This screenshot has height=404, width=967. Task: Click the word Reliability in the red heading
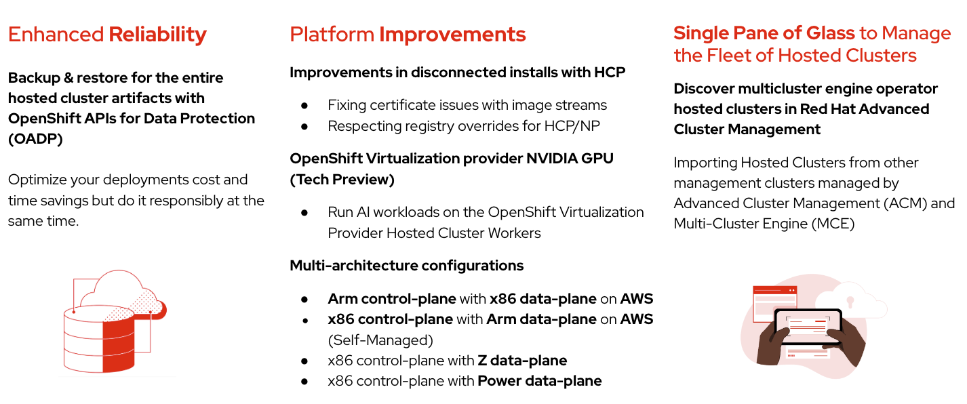157,35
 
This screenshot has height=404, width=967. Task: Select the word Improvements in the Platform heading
452,35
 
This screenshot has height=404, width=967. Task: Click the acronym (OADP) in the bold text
35,139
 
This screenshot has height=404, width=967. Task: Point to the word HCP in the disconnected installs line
610,72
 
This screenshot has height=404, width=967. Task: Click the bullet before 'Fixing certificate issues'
304,105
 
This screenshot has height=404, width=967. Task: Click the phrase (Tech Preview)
342,180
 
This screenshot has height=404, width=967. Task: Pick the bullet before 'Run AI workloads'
304,212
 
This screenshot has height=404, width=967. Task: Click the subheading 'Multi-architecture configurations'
407,266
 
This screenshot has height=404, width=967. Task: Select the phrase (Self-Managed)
380,340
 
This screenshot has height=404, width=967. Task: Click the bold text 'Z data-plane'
522,361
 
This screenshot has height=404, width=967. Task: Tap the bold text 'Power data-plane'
540,381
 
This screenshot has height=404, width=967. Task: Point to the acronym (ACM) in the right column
905,203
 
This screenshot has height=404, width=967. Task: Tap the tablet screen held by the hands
808,327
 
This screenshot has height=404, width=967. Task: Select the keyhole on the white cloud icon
850,302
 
